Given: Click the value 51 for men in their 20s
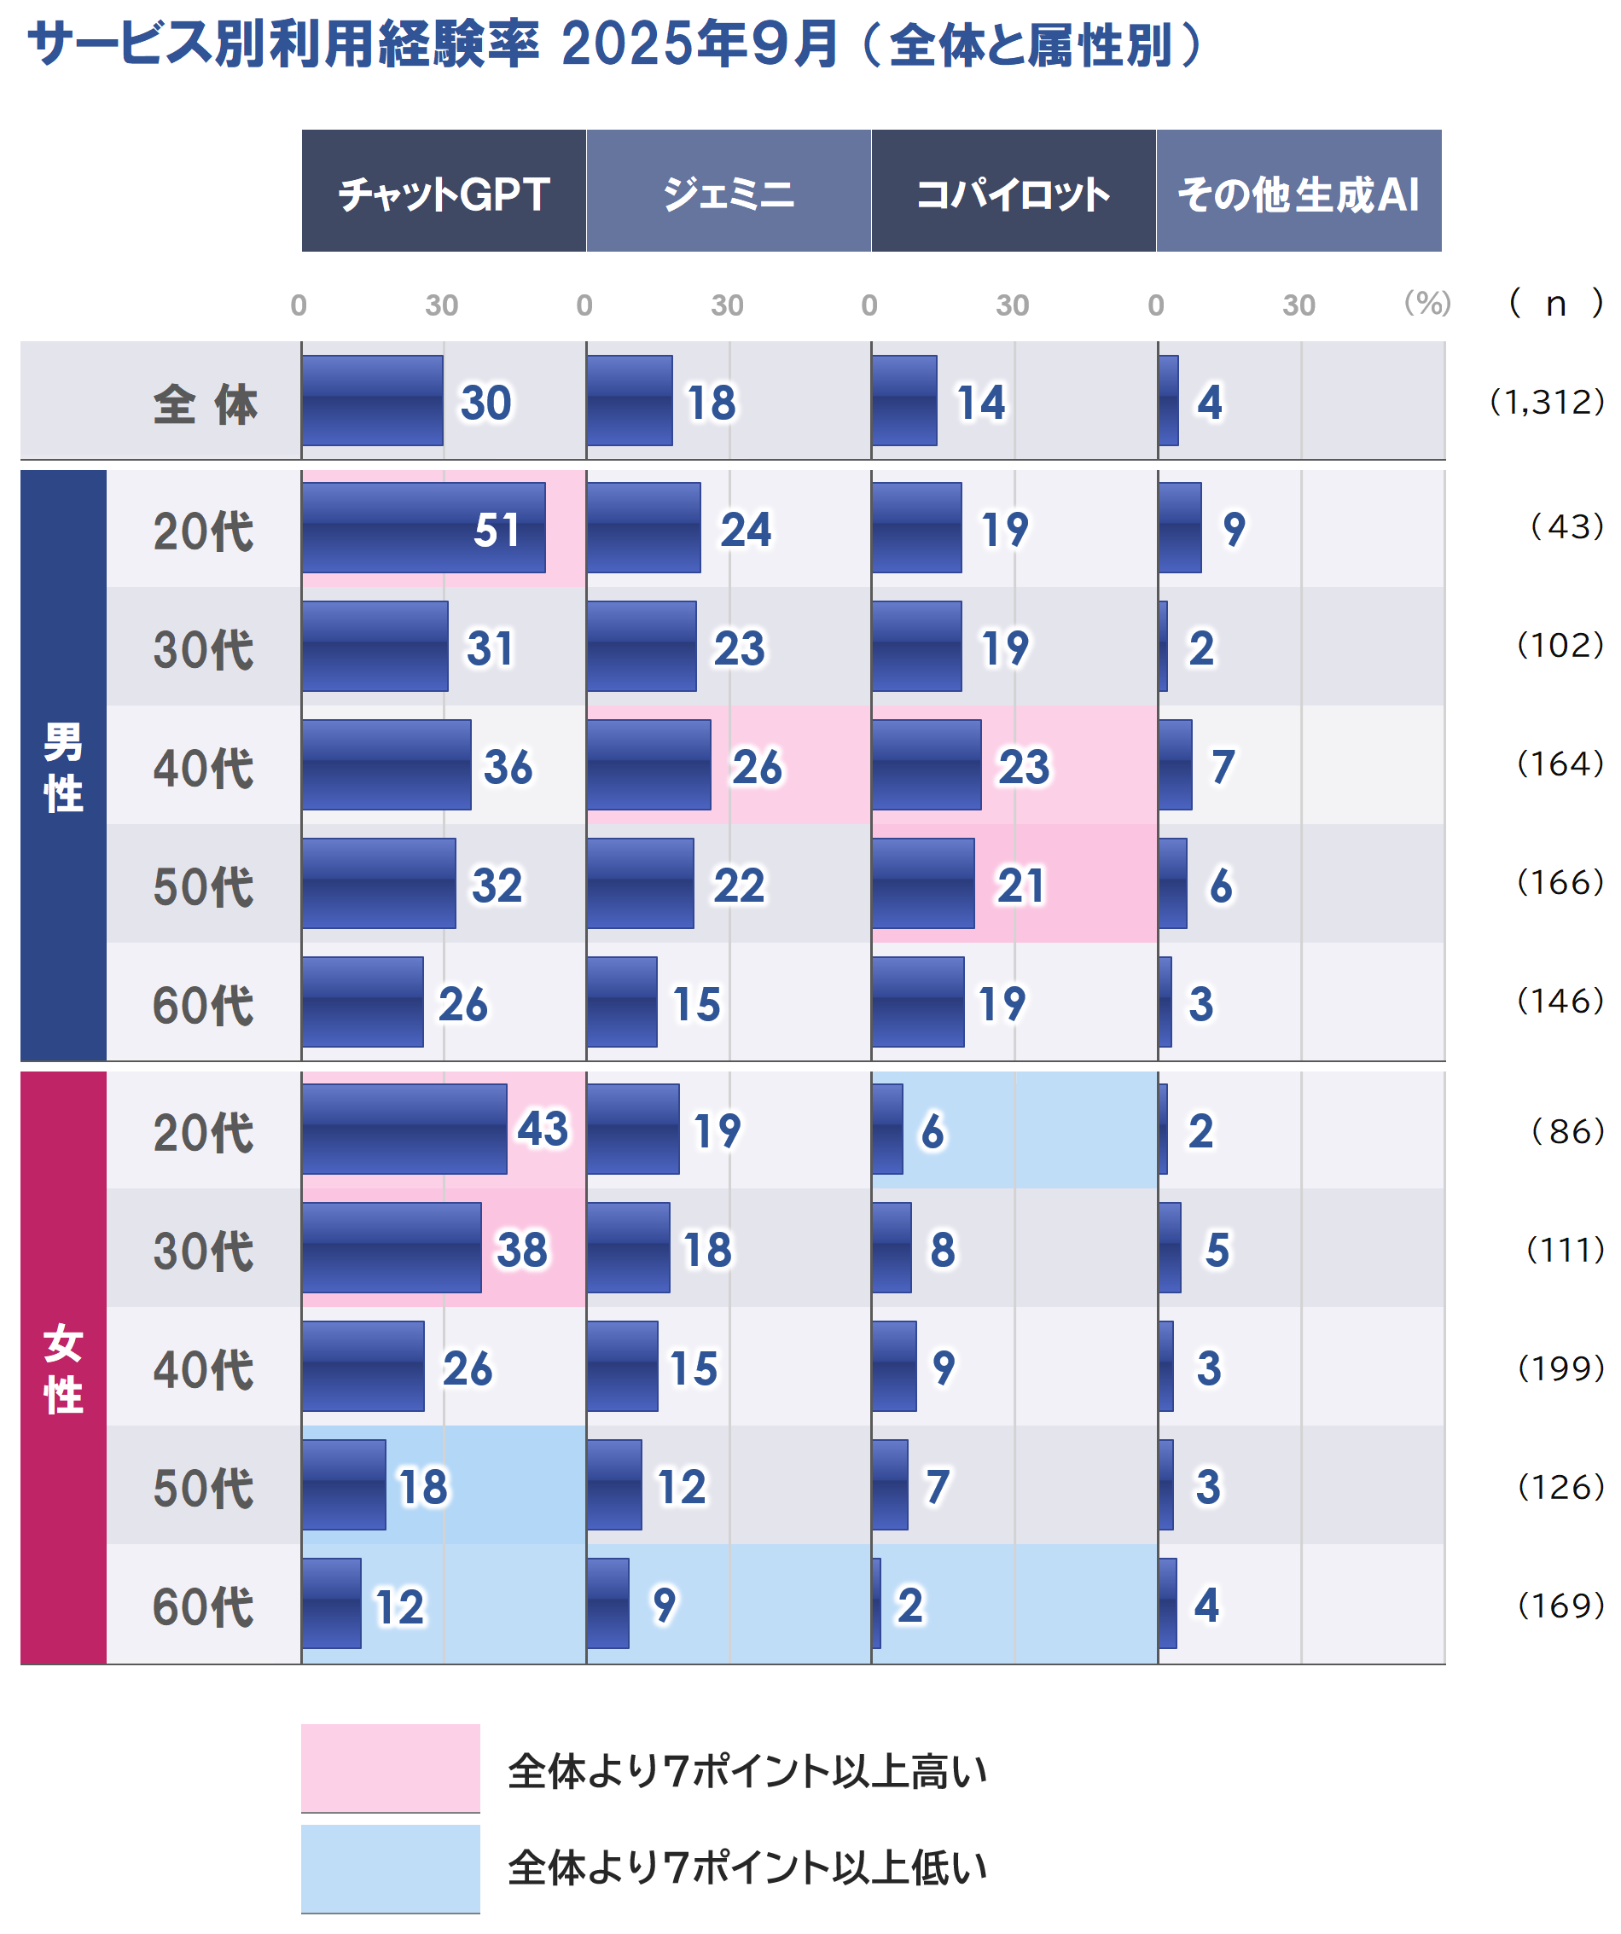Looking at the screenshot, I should pos(497,530).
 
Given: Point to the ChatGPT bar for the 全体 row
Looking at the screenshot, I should pos(372,401).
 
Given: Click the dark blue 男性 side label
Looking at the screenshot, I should pos(62,766).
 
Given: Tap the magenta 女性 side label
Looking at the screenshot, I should pos(62,1368).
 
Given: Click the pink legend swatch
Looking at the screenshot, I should pos(391,1768).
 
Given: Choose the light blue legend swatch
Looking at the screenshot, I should pos(391,1867).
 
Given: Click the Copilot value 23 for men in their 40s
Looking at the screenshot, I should pos(1023,766).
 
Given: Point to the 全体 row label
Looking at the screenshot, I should pos(205,404).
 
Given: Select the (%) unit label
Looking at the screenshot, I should pos(1426,303).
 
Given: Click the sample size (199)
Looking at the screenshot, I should pos(1560,1368).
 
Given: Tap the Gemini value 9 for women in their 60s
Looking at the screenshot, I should pos(664,1606).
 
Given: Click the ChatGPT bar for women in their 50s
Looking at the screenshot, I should pos(344,1484).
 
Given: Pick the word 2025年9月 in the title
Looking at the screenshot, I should pos(700,44).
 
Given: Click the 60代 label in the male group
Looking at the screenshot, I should pos(203,1005).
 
